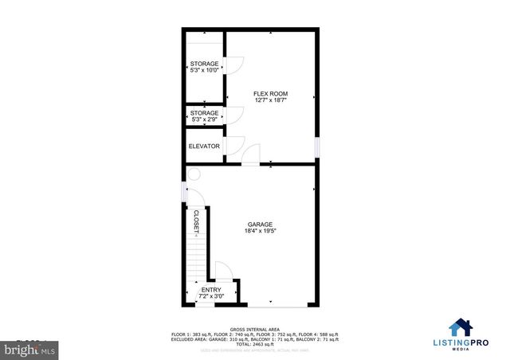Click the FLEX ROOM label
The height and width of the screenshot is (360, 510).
pyautogui.click(x=270, y=93)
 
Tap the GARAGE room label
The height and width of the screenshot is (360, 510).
pyautogui.click(x=260, y=225)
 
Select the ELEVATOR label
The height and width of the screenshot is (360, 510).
pyautogui.click(x=204, y=147)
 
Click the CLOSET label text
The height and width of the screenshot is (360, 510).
pyautogui.click(x=197, y=222)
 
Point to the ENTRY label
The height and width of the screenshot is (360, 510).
pyautogui.click(x=211, y=290)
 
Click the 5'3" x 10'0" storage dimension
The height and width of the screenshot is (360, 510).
pyautogui.click(x=204, y=71)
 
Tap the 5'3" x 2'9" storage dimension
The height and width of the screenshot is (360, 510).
pyautogui.click(x=204, y=121)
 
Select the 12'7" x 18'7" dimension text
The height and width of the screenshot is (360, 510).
pyautogui.click(x=270, y=100)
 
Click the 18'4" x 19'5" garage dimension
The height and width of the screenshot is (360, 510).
pyautogui.click(x=260, y=232)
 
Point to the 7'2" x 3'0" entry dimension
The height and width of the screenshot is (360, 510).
pyautogui.click(x=211, y=297)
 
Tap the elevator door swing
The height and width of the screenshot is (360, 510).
pyautogui.click(x=235, y=146)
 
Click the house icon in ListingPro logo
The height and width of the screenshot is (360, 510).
pyautogui.click(x=461, y=327)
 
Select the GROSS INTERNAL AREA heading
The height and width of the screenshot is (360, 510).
pyautogui.click(x=254, y=328)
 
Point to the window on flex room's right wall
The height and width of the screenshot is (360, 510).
pyautogui.click(x=317, y=147)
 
